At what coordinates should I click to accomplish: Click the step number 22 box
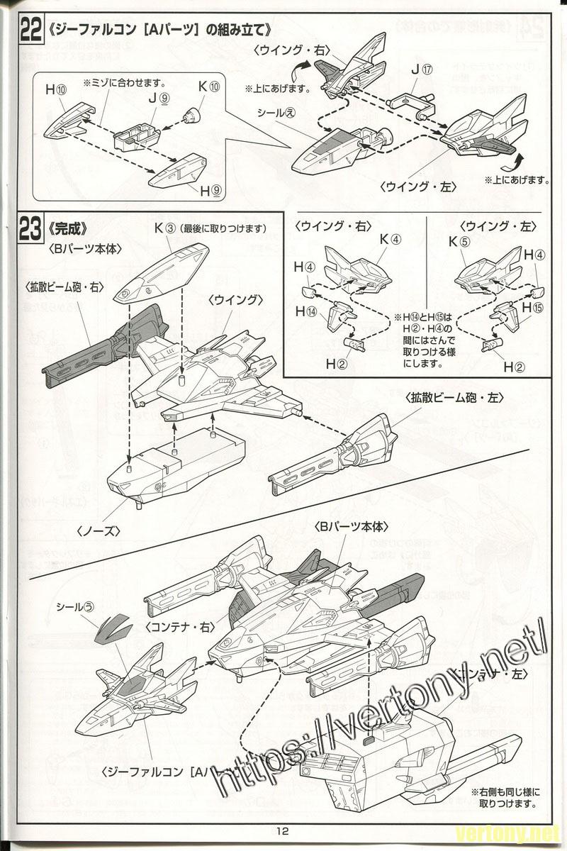point(29,30)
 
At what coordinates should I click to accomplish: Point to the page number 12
point(283,831)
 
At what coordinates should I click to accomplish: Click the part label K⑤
point(459,240)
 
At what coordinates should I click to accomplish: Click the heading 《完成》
point(68,229)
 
